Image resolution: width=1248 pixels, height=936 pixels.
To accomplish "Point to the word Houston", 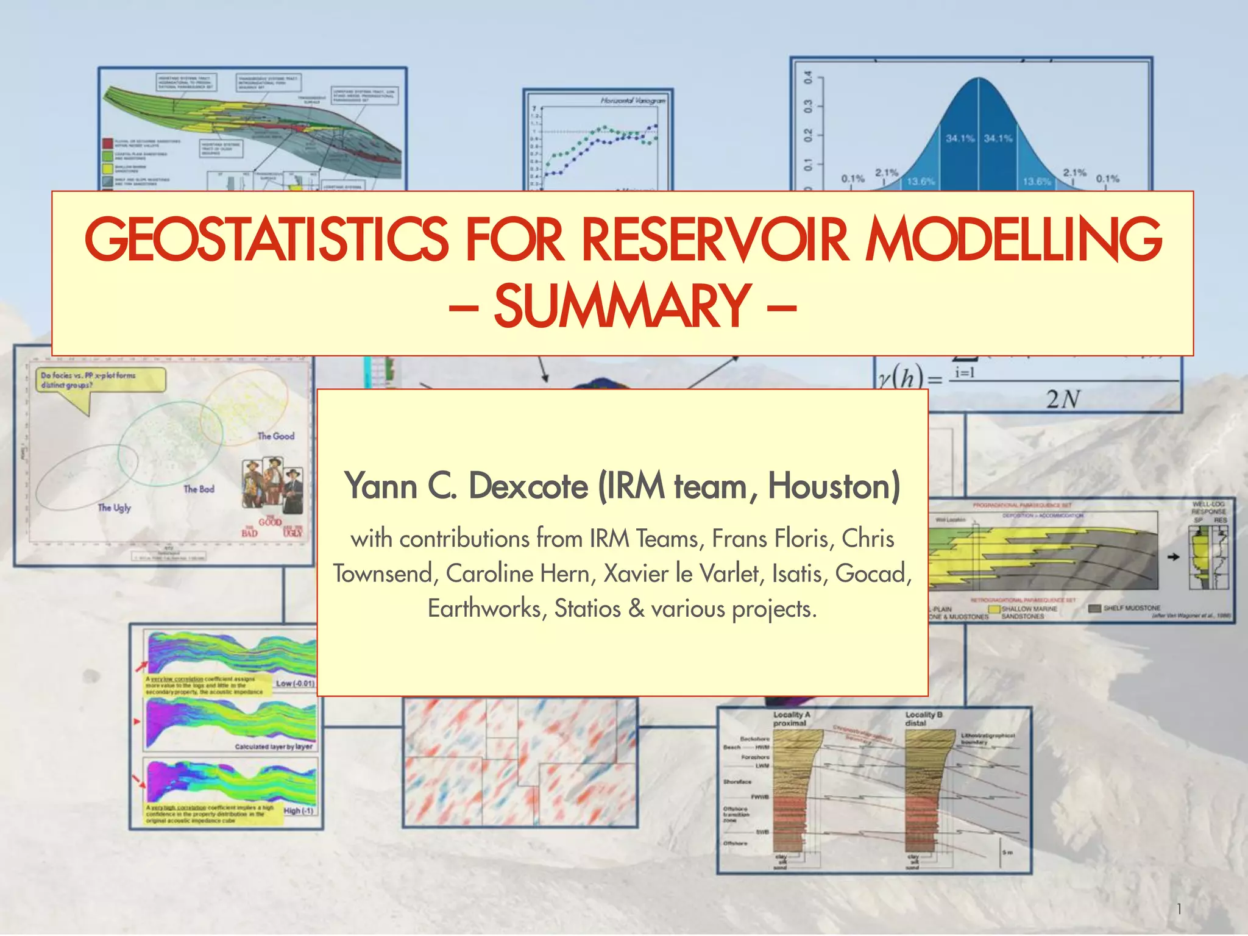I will click(833, 486).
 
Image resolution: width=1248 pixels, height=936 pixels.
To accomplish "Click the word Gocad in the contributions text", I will click(872, 573).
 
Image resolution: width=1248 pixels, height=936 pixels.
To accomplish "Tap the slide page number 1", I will click(1179, 909).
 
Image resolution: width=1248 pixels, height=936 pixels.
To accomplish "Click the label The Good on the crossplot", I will click(275, 436).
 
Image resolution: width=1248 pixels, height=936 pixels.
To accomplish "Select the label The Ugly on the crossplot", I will click(114, 508).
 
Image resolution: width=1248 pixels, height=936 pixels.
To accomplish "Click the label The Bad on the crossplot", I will click(199, 489).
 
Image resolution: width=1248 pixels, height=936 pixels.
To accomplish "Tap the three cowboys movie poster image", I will click(272, 484).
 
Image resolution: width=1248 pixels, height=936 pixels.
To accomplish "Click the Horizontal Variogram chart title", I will click(632, 101).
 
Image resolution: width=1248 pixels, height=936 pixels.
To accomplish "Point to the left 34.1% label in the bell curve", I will click(960, 138).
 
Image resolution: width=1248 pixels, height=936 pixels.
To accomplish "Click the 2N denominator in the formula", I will click(1063, 400).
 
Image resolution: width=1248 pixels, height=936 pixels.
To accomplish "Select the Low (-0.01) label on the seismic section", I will click(295, 684).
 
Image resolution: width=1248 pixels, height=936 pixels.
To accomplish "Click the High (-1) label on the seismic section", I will click(299, 811).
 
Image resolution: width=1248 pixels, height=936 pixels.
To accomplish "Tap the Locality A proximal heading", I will click(791, 718).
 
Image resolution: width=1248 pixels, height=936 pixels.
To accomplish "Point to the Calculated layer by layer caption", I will click(274, 746).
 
